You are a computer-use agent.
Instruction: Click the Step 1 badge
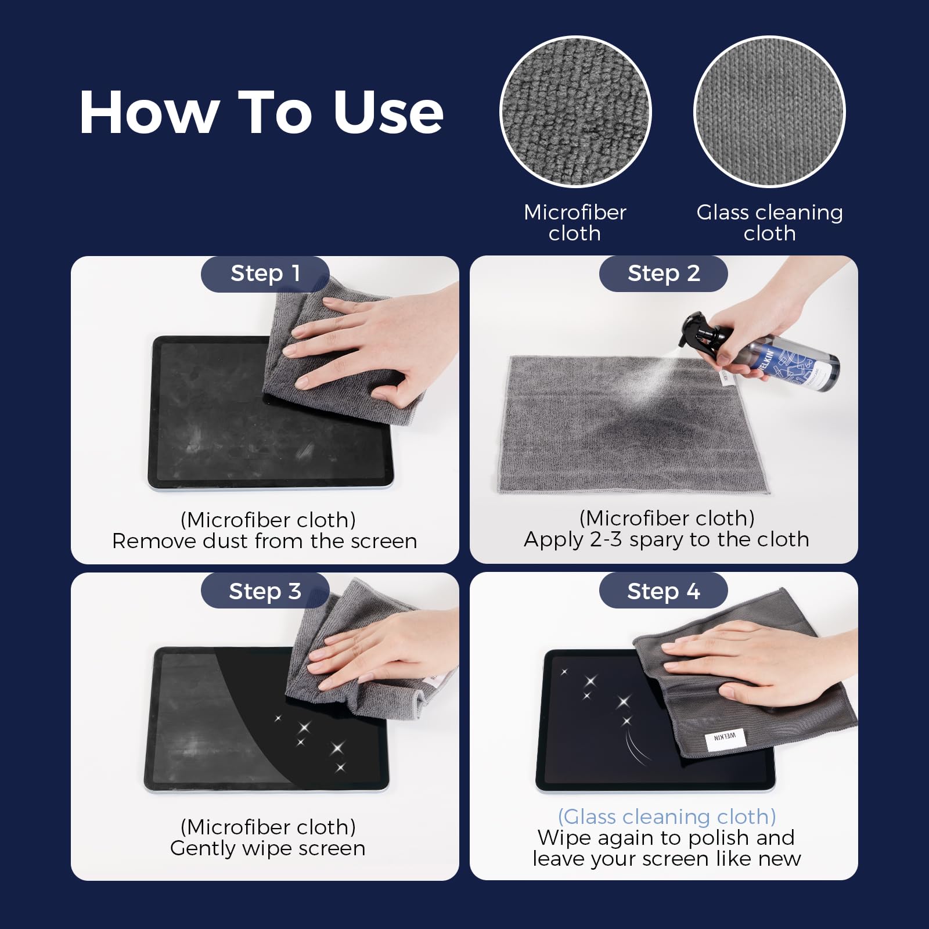tap(265, 273)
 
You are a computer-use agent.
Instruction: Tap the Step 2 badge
tap(663, 273)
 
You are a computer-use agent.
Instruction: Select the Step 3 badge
tap(265, 591)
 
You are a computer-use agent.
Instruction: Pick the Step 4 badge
tap(663, 591)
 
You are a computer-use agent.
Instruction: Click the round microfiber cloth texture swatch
tap(575, 111)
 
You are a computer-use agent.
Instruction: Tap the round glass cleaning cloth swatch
tap(769, 111)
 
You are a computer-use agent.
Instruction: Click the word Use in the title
tap(388, 113)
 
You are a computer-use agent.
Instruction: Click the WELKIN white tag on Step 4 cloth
tap(724, 737)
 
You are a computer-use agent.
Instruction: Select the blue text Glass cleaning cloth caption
tap(667, 816)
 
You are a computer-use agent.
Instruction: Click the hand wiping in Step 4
tap(755, 662)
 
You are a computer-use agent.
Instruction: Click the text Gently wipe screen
tap(268, 848)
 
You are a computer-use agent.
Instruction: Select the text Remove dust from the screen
tap(264, 541)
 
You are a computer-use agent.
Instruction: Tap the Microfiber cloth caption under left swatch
tap(575, 222)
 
